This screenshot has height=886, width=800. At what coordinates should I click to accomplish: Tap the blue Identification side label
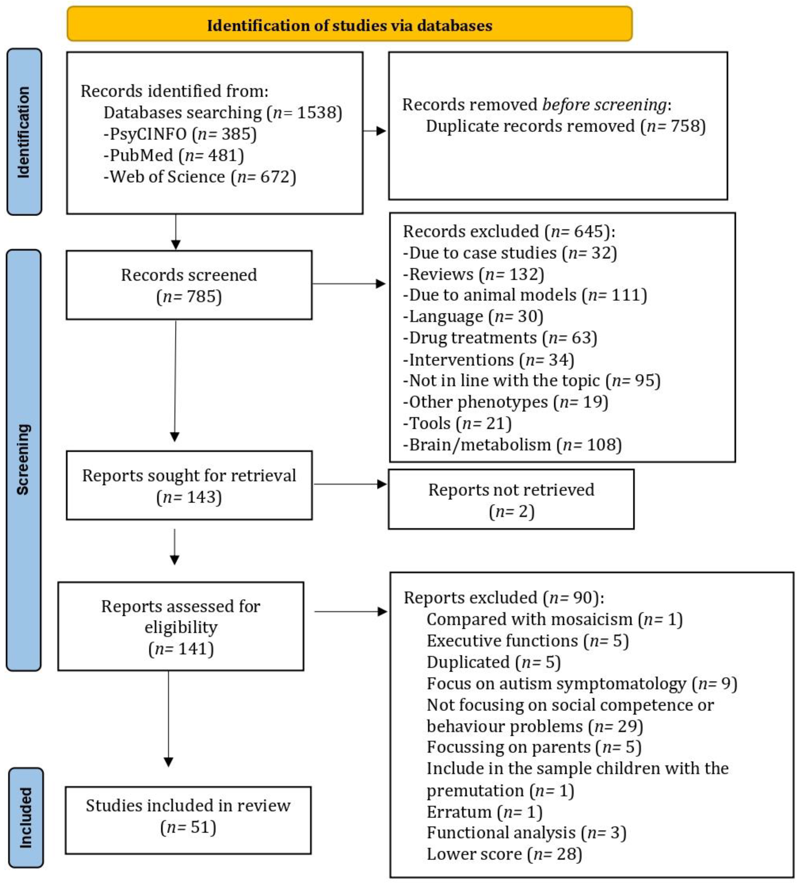tap(24, 132)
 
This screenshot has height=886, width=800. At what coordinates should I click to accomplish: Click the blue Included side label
tap(26, 817)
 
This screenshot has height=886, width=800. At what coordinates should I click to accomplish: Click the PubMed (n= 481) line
tap(173, 155)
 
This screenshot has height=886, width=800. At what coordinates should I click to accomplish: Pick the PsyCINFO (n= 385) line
tap(180, 134)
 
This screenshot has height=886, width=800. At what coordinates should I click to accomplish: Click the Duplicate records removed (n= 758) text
tap(565, 126)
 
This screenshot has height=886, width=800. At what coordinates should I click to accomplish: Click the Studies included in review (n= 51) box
tap(188, 817)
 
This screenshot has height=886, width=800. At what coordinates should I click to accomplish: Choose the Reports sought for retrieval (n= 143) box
tap(189, 486)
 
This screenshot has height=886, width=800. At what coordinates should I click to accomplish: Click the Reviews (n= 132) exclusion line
tap(473, 274)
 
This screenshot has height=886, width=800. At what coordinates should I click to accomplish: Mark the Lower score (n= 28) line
tap(504, 854)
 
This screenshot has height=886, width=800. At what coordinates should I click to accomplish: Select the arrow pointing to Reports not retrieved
tap(350, 484)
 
